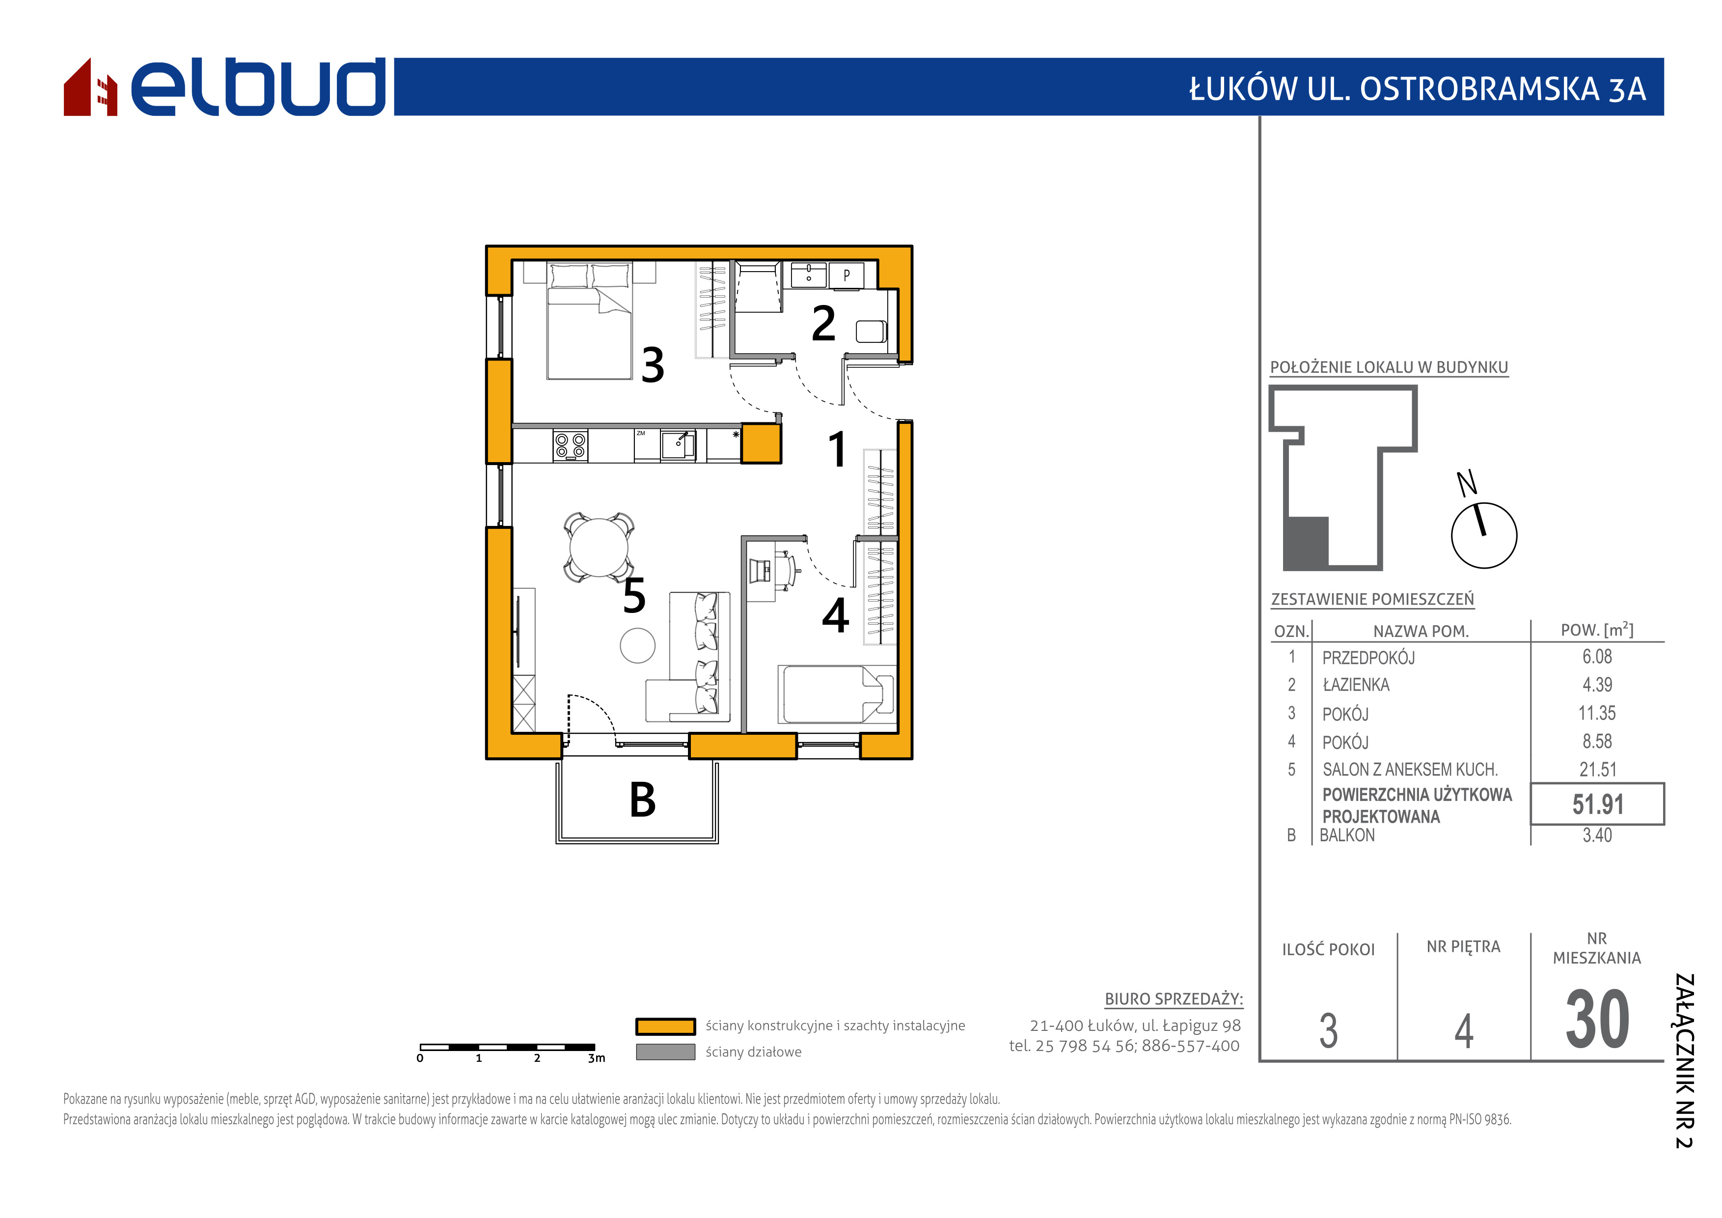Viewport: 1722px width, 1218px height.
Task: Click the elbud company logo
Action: (224, 86)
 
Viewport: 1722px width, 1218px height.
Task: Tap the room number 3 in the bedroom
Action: (653, 365)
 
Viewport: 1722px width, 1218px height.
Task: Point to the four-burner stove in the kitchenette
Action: (570, 445)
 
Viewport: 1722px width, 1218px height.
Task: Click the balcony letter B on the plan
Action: (643, 800)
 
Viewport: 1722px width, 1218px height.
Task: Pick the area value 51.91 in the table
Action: (1597, 805)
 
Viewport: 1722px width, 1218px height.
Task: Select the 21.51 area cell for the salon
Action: (1597, 770)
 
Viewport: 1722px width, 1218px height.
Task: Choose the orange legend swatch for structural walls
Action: (665, 1026)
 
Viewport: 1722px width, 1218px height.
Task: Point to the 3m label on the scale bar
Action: (596, 1058)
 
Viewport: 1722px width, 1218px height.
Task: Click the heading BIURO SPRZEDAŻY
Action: (1174, 999)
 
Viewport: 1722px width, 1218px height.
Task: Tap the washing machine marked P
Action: (847, 275)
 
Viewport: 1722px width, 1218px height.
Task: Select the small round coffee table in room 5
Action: (637, 646)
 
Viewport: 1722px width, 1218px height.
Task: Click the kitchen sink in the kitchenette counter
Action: (678, 445)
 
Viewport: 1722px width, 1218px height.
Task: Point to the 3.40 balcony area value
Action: (1597, 835)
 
